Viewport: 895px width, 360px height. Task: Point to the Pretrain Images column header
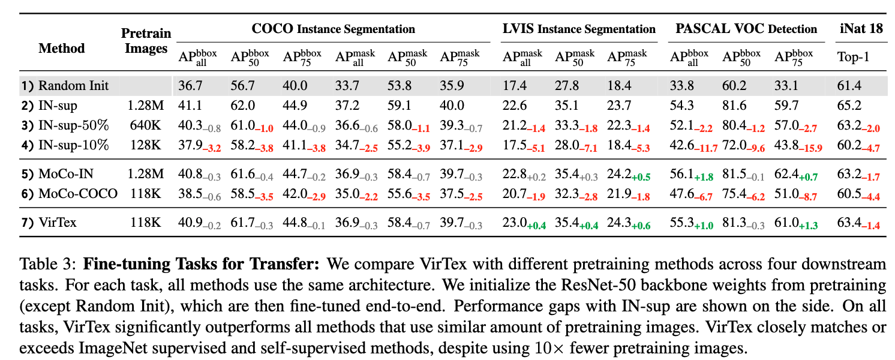(x=146, y=41)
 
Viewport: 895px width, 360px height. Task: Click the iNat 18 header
(x=861, y=29)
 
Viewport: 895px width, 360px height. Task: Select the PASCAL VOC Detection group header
(x=746, y=29)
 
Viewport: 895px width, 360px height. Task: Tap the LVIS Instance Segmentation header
(x=578, y=29)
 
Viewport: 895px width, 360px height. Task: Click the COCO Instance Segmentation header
(x=333, y=29)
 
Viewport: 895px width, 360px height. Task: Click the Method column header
(x=62, y=48)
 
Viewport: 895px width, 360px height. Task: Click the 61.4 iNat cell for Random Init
(x=849, y=86)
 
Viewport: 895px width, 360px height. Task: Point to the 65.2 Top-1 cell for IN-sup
(x=849, y=106)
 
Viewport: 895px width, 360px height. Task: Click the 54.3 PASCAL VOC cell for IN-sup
(x=682, y=106)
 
